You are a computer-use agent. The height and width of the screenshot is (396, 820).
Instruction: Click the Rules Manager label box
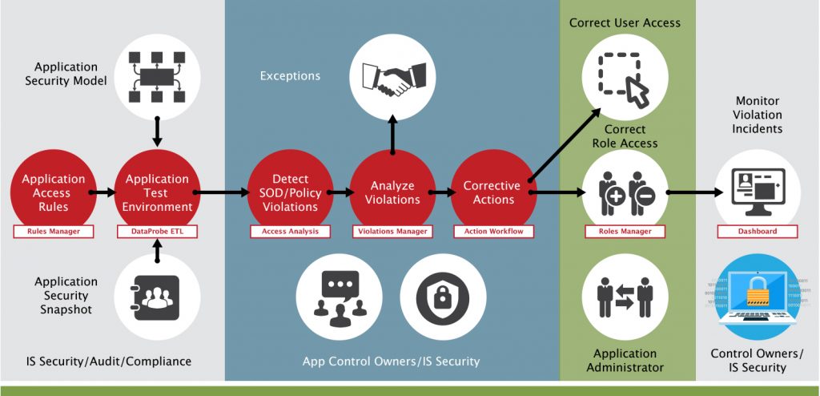(x=53, y=232)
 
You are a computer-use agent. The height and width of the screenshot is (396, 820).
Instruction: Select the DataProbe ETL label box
(x=156, y=232)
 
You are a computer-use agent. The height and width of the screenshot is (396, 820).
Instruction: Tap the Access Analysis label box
(x=290, y=232)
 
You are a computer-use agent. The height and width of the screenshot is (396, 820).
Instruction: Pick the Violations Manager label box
(x=392, y=232)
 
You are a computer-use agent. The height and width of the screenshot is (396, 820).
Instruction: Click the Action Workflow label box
(x=494, y=232)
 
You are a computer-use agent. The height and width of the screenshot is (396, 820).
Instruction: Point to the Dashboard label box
(x=758, y=232)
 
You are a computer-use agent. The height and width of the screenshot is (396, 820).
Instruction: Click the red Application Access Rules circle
(x=53, y=193)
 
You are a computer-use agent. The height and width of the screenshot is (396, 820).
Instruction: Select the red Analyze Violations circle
(x=392, y=193)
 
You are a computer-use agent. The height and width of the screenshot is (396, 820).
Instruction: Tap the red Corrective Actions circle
(x=492, y=193)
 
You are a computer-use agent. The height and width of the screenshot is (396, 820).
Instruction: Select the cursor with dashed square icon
(x=624, y=77)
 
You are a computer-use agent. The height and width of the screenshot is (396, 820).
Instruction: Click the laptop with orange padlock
(x=757, y=297)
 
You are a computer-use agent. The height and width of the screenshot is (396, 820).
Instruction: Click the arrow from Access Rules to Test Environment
(x=102, y=193)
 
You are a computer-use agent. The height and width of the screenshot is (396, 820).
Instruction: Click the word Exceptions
(x=290, y=76)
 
